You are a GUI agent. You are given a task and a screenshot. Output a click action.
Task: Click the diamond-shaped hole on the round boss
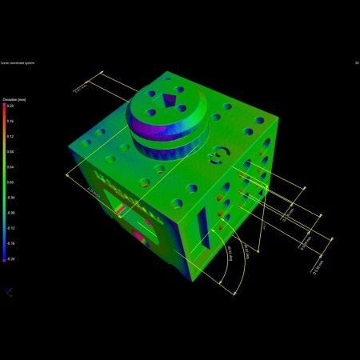(x=170, y=101)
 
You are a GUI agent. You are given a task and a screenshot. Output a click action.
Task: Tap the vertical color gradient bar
(x=3, y=182)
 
